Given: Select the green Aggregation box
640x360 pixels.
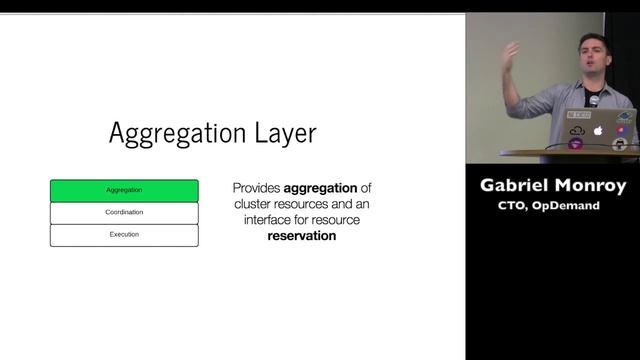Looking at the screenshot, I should point(124,190).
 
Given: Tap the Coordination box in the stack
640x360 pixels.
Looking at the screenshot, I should point(124,212).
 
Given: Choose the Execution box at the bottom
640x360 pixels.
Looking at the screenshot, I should point(124,234).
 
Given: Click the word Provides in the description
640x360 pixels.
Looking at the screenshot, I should point(256,188).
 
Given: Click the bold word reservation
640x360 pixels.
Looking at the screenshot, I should point(301,236).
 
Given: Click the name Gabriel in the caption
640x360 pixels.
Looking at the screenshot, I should point(518,186).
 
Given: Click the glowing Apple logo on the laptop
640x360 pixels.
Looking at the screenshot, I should point(599,130).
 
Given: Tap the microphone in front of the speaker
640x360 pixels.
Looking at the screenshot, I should point(593,101).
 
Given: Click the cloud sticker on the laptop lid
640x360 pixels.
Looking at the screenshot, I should point(576,131).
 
